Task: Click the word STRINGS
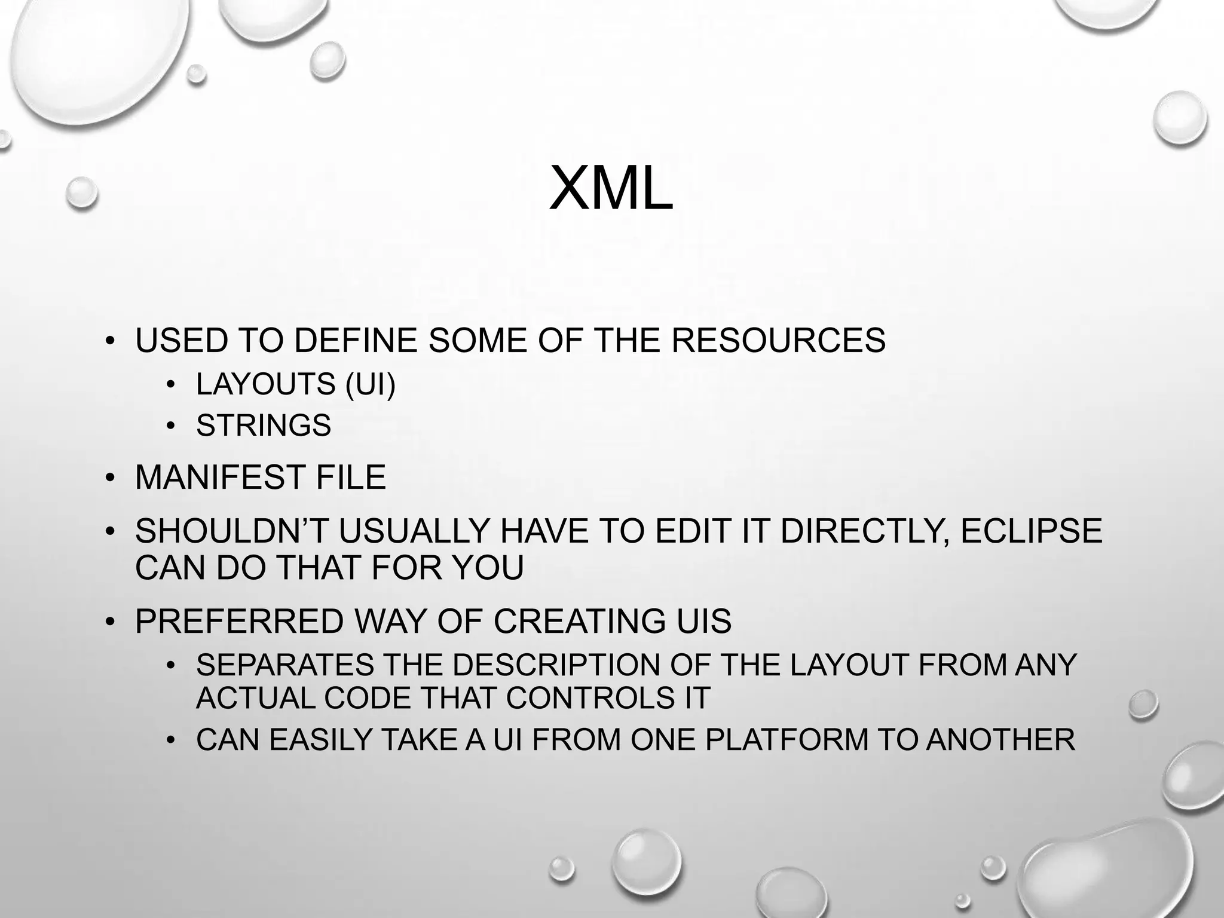[263, 426]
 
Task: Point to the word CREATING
[579, 621]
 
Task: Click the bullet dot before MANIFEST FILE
[109, 478]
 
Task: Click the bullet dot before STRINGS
[171, 426]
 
